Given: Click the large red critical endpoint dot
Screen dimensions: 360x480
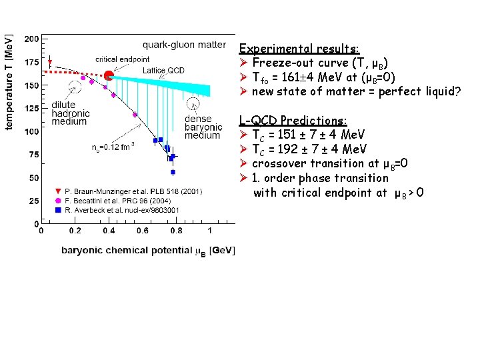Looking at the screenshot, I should (109, 75).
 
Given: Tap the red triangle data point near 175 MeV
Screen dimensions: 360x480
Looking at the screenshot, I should (49, 63).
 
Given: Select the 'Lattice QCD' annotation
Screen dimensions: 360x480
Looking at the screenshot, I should (163, 70).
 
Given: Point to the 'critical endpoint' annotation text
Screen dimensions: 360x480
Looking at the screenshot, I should (122, 59).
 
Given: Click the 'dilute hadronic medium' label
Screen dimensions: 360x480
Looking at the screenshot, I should (69, 113).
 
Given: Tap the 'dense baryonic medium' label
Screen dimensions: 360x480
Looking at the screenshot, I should (203, 127).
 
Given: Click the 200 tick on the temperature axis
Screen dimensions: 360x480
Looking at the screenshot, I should (31, 39).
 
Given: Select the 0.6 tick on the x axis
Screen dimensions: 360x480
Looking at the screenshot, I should (143, 231).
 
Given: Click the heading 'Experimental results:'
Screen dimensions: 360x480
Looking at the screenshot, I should (299, 49).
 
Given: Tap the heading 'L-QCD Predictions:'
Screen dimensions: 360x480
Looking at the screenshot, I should (293, 121).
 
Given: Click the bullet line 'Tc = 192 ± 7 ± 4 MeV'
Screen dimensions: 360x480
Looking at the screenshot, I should (309, 149).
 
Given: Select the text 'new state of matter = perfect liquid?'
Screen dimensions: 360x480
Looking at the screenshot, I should (356, 91).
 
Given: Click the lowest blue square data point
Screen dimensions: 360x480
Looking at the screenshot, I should (173, 172).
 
